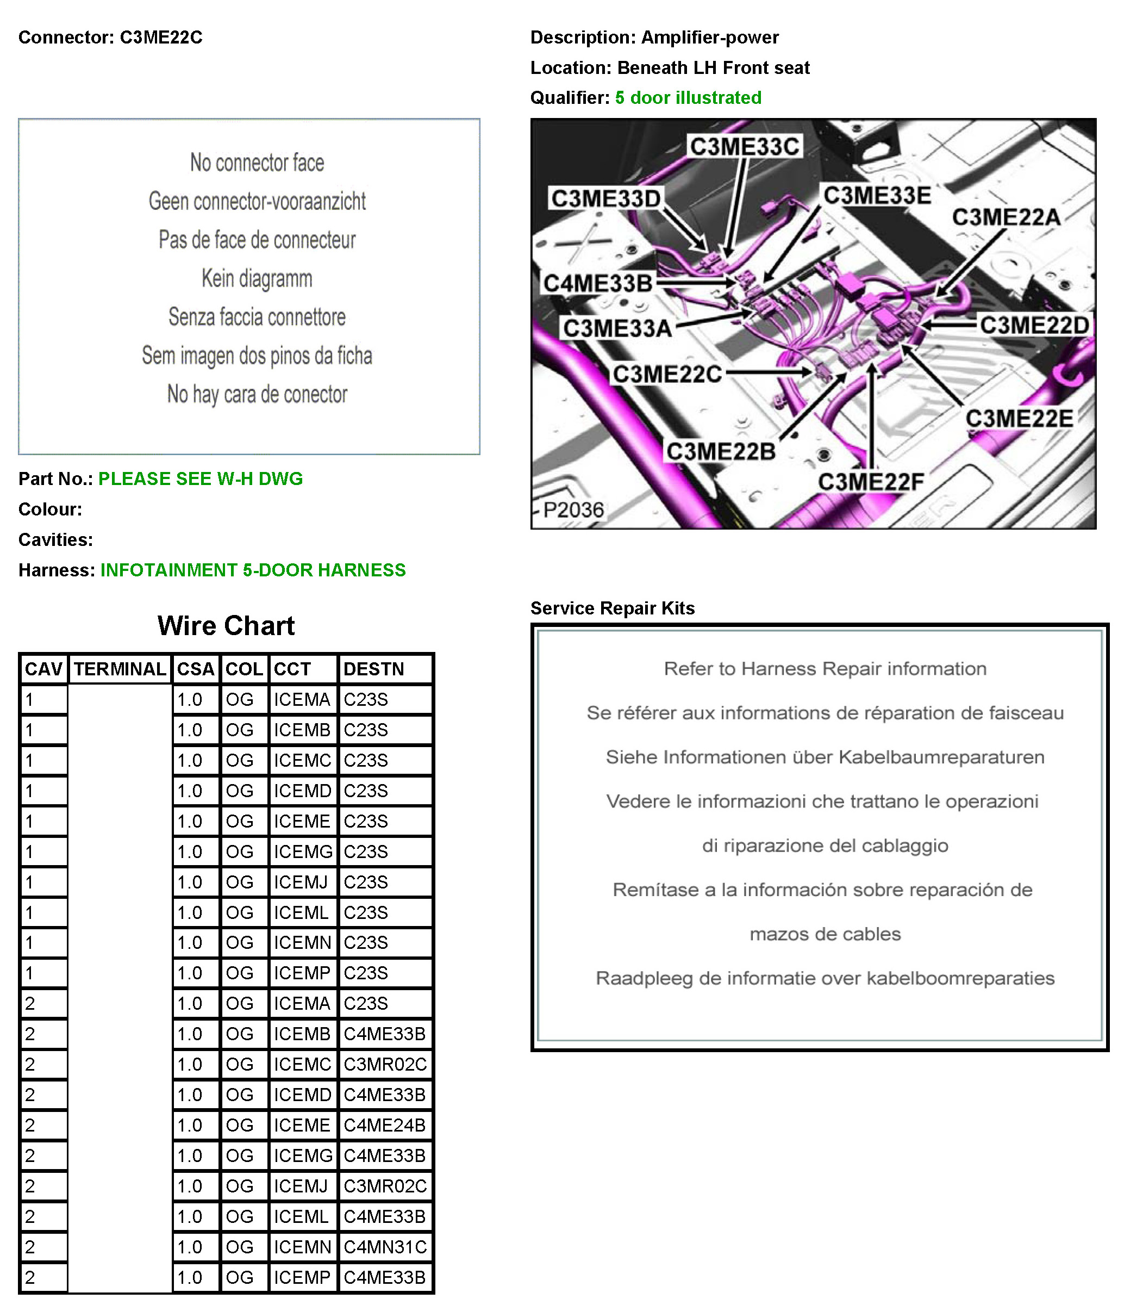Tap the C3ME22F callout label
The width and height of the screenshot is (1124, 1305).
(x=871, y=482)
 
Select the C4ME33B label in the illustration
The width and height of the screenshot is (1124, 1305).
(x=597, y=283)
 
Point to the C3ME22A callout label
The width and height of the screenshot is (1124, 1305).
(x=1006, y=217)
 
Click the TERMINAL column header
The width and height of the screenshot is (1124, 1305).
(x=120, y=669)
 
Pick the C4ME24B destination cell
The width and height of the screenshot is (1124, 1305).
(x=384, y=1125)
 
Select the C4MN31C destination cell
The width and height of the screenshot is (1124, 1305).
(x=385, y=1246)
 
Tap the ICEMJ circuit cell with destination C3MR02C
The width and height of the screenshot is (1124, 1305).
(x=301, y=1186)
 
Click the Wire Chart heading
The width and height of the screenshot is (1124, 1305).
(x=226, y=625)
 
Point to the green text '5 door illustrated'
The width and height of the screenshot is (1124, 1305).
(x=688, y=98)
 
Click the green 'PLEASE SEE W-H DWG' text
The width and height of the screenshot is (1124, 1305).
(x=200, y=478)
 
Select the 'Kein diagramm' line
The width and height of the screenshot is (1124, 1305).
(x=257, y=278)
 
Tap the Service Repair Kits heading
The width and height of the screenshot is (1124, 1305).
(x=612, y=608)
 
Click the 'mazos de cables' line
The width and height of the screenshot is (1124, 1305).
(x=825, y=934)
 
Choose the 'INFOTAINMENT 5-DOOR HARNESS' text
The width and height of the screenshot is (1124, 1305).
(x=253, y=570)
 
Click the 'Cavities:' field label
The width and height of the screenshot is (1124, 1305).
(x=55, y=540)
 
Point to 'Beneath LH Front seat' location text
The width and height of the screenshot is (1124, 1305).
(x=714, y=67)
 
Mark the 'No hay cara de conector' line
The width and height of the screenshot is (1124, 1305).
(x=257, y=394)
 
